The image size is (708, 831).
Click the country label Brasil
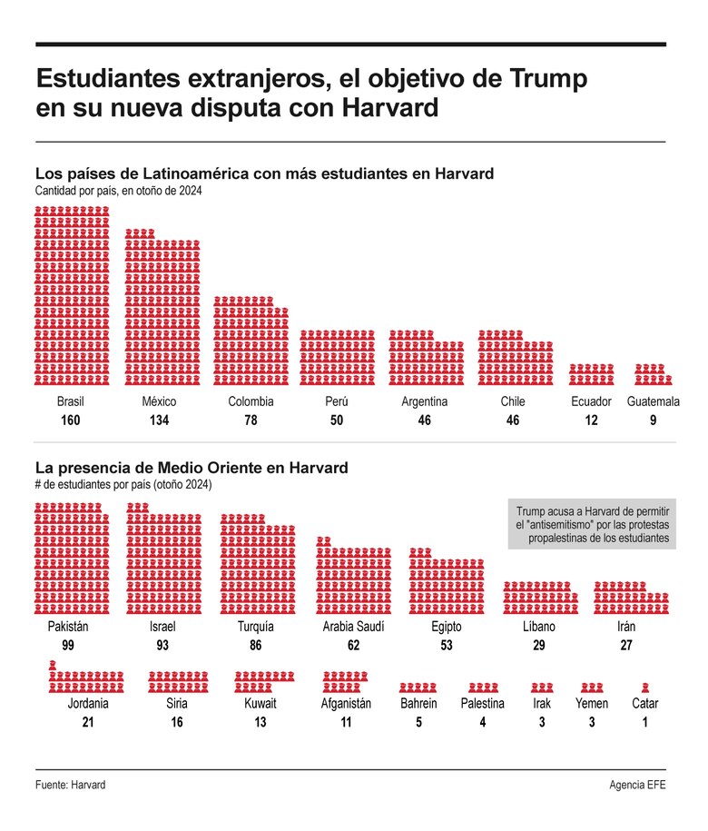pos(71,401)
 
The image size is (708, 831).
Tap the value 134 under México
pos(159,420)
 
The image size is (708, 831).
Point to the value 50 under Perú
pos(337,420)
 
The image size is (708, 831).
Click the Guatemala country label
pos(654,401)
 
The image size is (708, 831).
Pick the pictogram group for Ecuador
pos(591,374)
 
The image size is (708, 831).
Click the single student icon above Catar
pos(644,688)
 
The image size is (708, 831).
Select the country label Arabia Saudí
pos(353,628)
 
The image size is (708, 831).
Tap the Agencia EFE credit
pos(637,785)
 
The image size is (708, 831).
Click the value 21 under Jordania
pos(88,722)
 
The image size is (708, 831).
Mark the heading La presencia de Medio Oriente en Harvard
pos(191,469)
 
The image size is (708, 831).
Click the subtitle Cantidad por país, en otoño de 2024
pos(118,191)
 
